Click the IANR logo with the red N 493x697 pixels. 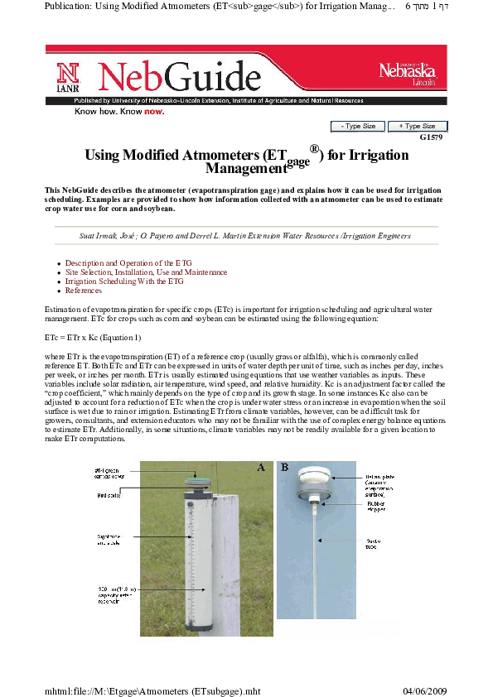68,77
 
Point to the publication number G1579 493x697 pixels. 433,137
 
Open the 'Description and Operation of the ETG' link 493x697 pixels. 128,263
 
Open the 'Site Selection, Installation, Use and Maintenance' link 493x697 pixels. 146,272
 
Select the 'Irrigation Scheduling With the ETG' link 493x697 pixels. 124,281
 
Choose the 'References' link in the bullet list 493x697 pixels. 84,291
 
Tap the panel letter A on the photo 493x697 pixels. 260,468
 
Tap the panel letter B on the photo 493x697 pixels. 285,468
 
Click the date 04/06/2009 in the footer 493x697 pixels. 424,689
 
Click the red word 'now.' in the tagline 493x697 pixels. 153,111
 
